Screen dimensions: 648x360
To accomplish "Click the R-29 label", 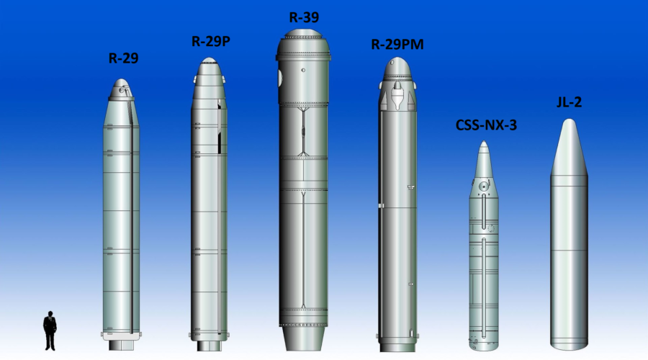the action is [x=123, y=58].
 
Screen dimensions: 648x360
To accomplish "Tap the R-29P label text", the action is [x=211, y=41].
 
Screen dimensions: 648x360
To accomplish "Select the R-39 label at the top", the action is [x=304, y=17].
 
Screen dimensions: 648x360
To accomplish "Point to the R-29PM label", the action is [x=397, y=44].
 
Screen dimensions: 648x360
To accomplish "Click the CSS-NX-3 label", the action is [x=486, y=125].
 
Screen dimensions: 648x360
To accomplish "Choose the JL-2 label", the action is [x=569, y=102].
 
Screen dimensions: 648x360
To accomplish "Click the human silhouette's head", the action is [x=50, y=314].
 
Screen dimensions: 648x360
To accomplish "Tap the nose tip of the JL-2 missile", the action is [x=570, y=120].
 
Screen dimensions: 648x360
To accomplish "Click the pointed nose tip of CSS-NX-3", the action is [x=484, y=141].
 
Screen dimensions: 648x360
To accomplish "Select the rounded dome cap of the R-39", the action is [x=304, y=33].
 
